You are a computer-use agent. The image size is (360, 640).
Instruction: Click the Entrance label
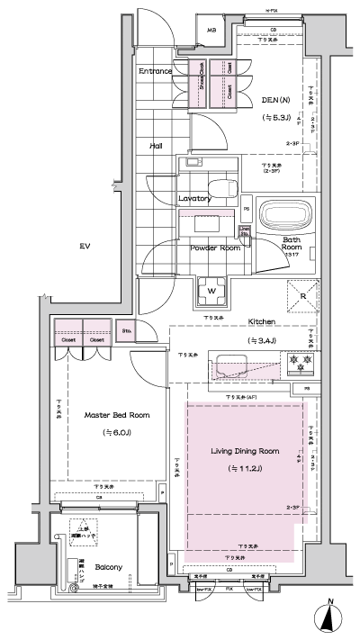155,71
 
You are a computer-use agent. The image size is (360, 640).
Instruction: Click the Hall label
156,143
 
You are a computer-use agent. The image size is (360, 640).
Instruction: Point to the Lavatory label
194,198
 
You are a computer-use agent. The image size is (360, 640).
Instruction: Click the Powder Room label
214,248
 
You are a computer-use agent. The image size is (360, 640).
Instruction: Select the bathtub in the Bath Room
283,216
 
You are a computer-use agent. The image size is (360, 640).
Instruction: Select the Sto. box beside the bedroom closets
128,331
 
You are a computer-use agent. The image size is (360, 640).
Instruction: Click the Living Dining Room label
245,450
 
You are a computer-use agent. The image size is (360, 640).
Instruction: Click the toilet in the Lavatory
192,166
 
